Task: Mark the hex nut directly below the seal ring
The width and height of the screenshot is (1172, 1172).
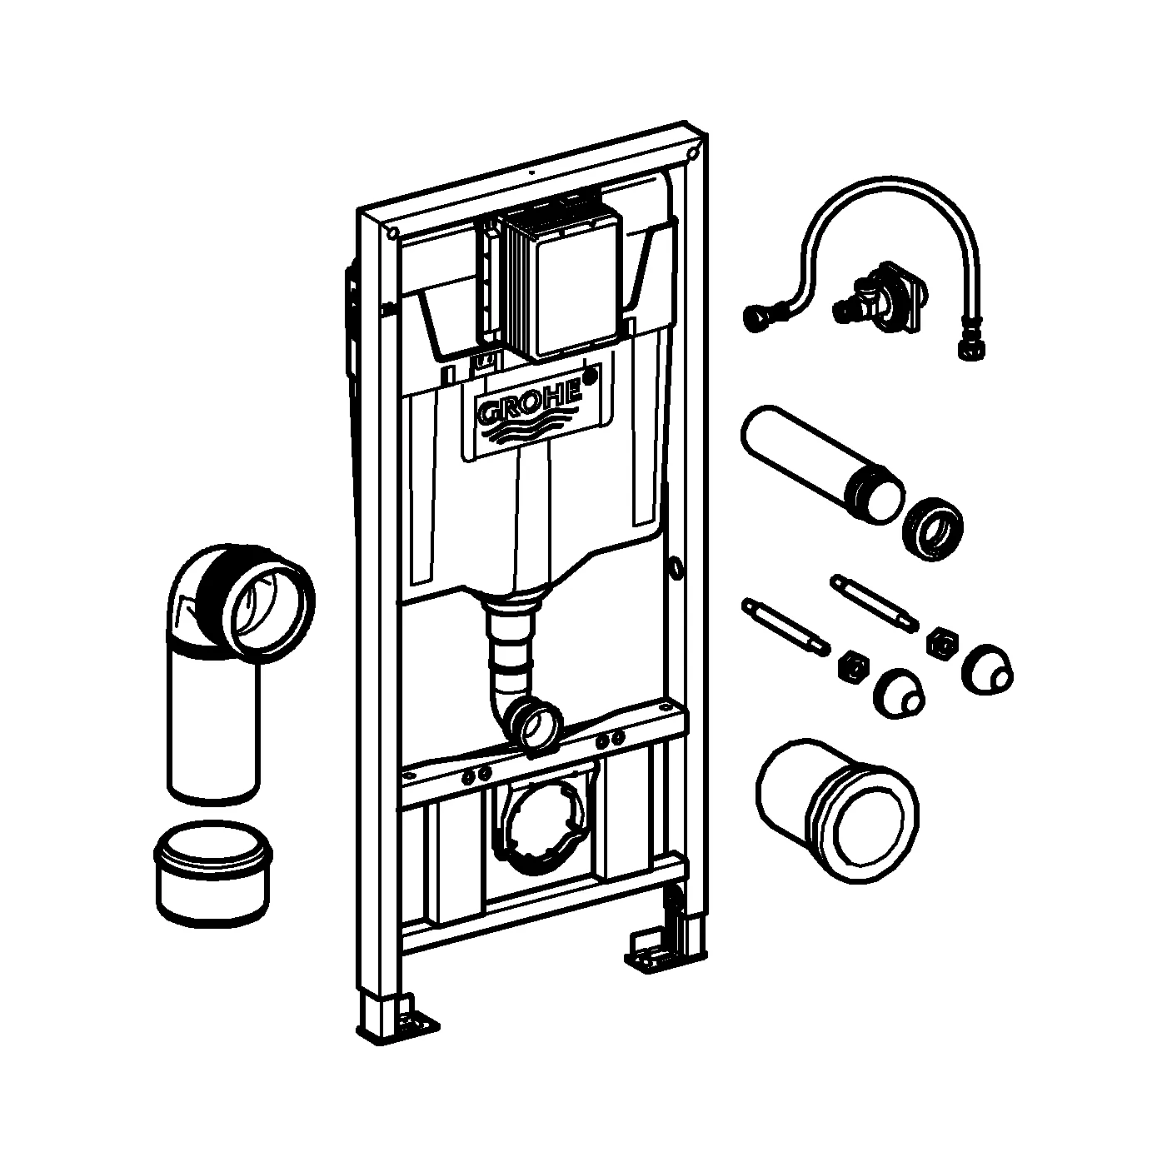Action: click(944, 642)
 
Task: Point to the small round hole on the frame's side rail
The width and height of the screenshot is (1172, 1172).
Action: click(675, 567)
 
